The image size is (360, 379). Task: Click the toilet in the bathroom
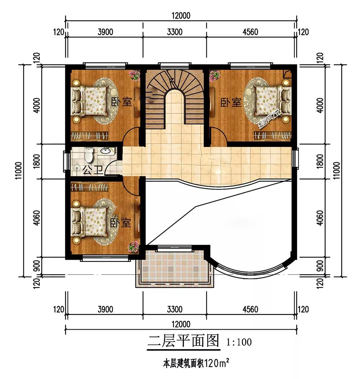pyautogui.click(x=89, y=155)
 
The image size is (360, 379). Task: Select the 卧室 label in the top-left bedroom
pyautogui.click(x=122, y=102)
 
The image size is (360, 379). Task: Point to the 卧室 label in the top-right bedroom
pyautogui.click(x=231, y=102)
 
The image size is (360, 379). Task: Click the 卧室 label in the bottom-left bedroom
pyautogui.click(x=121, y=223)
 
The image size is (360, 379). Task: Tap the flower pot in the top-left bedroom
pyautogui.click(x=135, y=76)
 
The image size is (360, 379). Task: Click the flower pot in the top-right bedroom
pyautogui.click(x=214, y=76)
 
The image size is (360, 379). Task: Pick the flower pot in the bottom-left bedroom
pyautogui.click(x=134, y=247)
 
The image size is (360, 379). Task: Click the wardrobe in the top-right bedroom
pyautogui.click(x=273, y=135)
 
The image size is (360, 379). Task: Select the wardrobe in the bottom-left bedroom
pyautogui.click(x=89, y=187)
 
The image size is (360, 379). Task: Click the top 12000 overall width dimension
pyautogui.click(x=181, y=16)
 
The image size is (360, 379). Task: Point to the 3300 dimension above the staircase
pyautogui.click(x=175, y=32)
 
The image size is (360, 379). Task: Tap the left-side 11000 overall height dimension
pyautogui.click(x=19, y=170)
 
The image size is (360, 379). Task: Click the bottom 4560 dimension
pyautogui.click(x=250, y=309)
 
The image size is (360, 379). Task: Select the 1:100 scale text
pyautogui.click(x=239, y=342)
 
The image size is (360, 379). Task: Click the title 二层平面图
pyautogui.click(x=183, y=341)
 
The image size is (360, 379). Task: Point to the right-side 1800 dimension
pyautogui.click(x=320, y=161)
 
